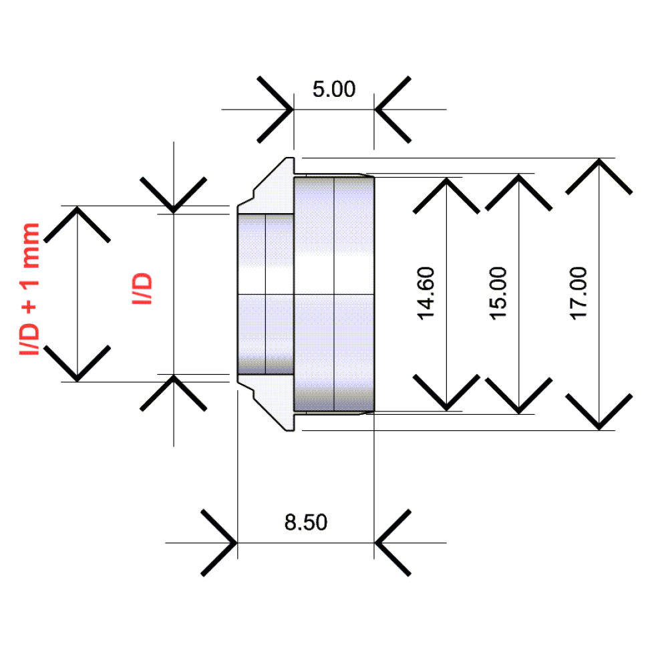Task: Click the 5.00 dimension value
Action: tap(334, 89)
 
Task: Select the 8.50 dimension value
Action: tap(306, 522)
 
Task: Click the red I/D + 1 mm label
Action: tap(30, 289)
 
